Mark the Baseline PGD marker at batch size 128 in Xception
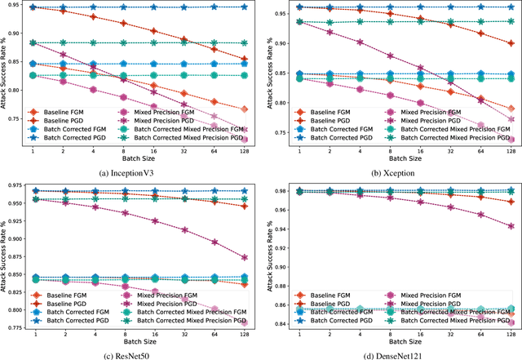point(511,43)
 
